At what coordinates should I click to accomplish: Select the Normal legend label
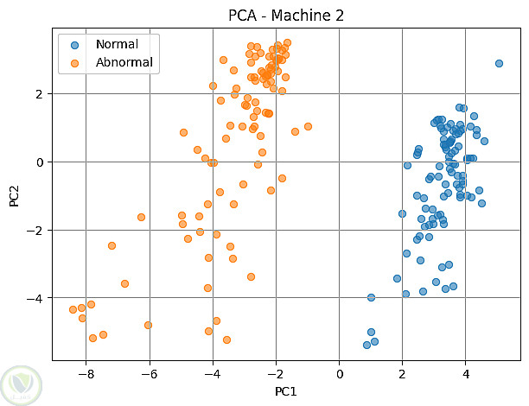pyautogui.click(x=117, y=44)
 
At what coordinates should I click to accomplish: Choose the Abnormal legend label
pyautogui.click(x=124, y=62)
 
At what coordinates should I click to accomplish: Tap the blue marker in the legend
pyautogui.click(x=75, y=44)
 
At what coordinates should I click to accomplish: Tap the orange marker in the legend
pyautogui.click(x=75, y=62)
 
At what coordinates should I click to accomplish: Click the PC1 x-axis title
pyautogui.click(x=286, y=391)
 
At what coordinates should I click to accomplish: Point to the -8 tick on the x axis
pyautogui.click(x=86, y=373)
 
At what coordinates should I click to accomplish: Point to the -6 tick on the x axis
pyautogui.click(x=149, y=373)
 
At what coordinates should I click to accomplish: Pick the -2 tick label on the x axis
pyautogui.click(x=276, y=373)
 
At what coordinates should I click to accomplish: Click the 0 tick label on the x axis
pyautogui.click(x=340, y=373)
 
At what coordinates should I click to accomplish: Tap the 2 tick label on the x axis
pyautogui.click(x=403, y=373)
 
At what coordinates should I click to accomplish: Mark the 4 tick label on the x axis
pyautogui.click(x=466, y=373)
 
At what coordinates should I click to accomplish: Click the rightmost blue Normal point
pyautogui.click(x=499, y=63)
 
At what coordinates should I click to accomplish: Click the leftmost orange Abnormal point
pyautogui.click(x=73, y=309)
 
